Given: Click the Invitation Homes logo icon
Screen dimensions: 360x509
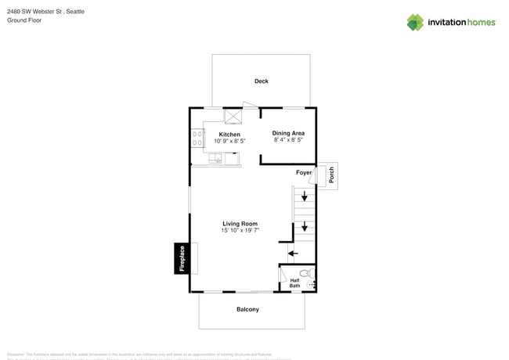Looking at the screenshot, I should (x=416, y=22).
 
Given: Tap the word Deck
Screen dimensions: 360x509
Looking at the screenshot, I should (x=261, y=81).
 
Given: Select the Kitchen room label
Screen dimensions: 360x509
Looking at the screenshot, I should (x=229, y=134).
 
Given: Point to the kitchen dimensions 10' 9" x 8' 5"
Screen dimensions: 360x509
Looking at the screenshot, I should (x=229, y=141).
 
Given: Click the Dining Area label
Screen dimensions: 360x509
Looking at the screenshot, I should (x=288, y=133).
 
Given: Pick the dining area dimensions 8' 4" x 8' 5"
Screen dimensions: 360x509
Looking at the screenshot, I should (x=288, y=140).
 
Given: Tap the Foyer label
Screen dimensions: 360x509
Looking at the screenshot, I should (x=304, y=172).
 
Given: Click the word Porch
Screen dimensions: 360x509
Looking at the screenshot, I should (x=331, y=175).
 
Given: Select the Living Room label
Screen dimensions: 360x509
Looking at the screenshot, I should (x=240, y=224).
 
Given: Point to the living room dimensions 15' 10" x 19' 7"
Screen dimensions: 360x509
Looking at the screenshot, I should (x=240, y=231).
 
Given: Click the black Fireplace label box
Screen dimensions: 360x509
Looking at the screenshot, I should (x=181, y=258).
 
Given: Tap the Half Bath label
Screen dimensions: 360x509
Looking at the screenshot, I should (x=294, y=283).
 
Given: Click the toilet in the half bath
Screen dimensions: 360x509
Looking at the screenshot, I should (x=309, y=274).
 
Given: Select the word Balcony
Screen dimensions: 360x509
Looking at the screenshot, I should (x=247, y=309).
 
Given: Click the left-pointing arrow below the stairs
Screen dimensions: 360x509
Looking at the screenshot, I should (x=292, y=252).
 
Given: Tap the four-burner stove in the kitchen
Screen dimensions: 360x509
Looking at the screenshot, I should (x=196, y=139).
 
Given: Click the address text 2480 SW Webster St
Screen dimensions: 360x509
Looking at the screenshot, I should (x=34, y=12).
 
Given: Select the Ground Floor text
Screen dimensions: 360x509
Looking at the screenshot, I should (x=24, y=20).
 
